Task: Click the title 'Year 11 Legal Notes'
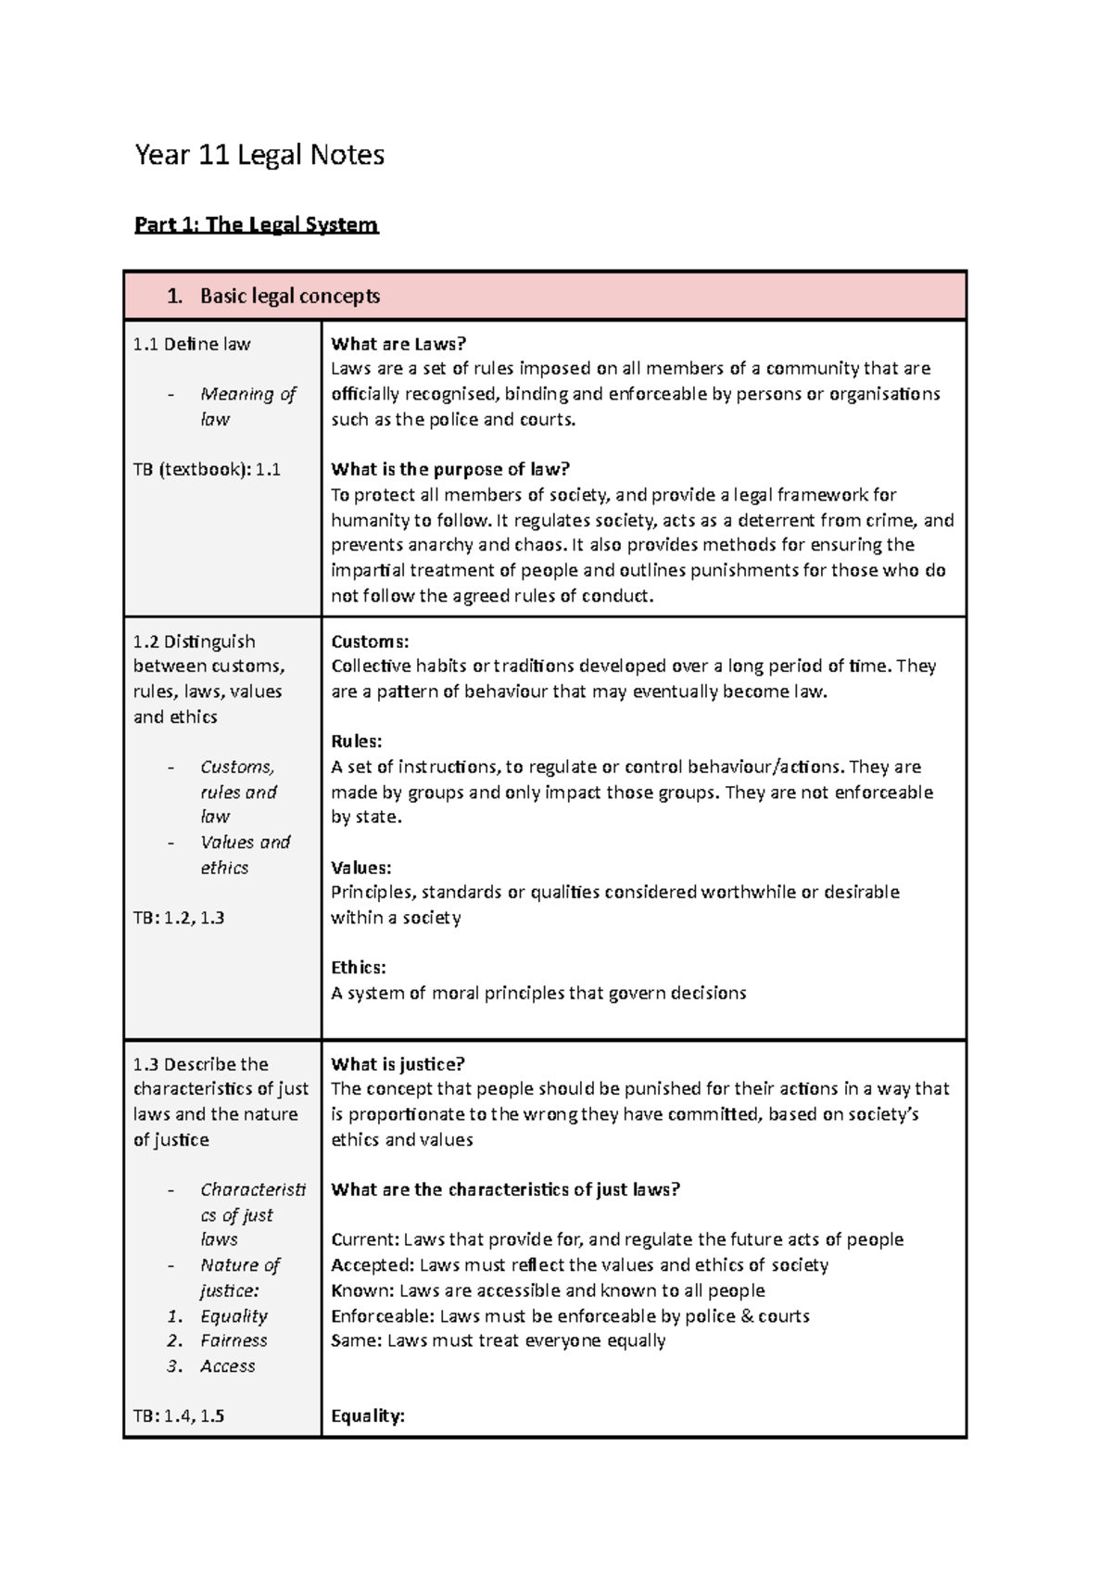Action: tap(259, 155)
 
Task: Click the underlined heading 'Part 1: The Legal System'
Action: tap(256, 224)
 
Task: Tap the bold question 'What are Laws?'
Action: tap(393, 344)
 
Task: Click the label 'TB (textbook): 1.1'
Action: tap(207, 469)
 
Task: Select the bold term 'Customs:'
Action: tap(370, 641)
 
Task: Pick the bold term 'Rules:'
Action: tap(357, 742)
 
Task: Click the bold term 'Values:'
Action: tap(361, 868)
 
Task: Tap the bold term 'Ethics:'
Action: tap(359, 968)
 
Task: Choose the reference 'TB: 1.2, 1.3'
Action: tap(179, 918)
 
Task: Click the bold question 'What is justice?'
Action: tap(398, 1064)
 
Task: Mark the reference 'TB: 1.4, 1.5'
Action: tap(179, 1416)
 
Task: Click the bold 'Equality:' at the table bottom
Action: tap(368, 1416)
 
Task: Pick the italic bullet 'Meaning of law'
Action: tap(246, 406)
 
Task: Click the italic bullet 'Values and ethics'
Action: tap(245, 855)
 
